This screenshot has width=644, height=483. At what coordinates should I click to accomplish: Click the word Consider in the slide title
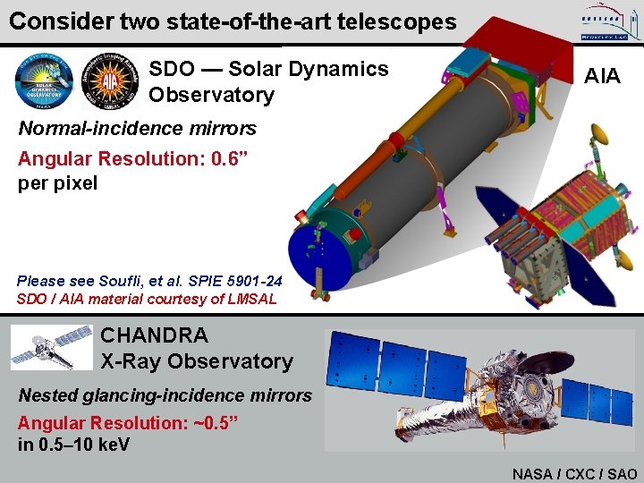pyautogui.click(x=54, y=21)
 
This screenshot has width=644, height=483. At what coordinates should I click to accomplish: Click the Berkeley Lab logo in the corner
pyautogui.click(x=606, y=21)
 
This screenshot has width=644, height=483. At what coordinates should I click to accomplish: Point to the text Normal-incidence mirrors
pyautogui.click(x=137, y=128)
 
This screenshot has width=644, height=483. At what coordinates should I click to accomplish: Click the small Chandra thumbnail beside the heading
pyautogui.click(x=52, y=347)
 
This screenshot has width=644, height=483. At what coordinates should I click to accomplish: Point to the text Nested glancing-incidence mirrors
pyautogui.click(x=165, y=395)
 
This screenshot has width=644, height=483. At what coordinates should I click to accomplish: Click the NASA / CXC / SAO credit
pyautogui.click(x=574, y=474)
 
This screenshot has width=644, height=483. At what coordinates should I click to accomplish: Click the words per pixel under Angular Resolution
pyautogui.click(x=57, y=183)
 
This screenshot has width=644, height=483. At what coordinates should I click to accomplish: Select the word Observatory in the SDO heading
pyautogui.click(x=211, y=95)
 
